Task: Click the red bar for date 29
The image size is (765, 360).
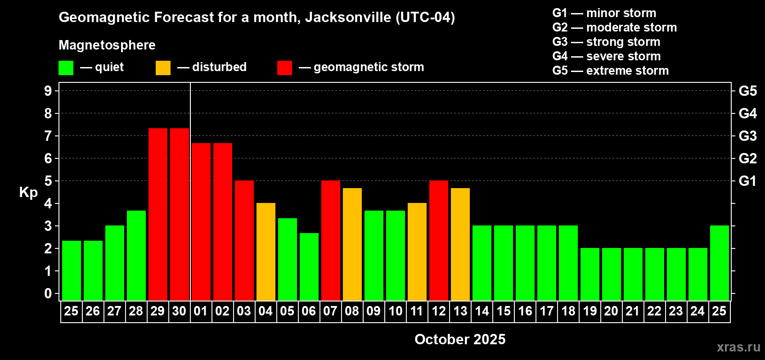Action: pos(158,214)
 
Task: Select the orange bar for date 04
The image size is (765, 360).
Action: pos(266,252)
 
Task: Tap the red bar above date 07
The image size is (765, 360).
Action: pos(331,240)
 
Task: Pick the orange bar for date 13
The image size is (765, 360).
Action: pos(460,244)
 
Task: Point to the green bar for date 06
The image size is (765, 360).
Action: pos(309,266)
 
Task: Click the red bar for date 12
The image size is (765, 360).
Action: pos(439,240)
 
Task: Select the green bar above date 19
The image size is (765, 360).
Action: pos(590,274)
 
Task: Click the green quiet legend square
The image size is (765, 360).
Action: pos(66,68)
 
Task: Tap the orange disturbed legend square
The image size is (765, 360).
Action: pos(163,68)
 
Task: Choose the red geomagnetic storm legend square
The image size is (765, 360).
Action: pos(284,68)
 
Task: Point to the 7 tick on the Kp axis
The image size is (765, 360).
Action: pos(48,136)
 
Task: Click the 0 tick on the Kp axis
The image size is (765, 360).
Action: pos(48,294)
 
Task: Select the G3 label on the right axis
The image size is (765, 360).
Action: pos(747,136)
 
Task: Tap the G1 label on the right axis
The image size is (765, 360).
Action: pos(747,181)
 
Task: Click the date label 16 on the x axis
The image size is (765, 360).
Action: pos(525,311)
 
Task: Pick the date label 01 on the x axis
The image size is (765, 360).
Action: pos(201,311)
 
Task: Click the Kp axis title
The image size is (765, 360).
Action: pos(28,193)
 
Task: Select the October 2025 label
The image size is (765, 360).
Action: pos(460,339)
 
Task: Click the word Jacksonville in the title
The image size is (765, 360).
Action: pos(348,18)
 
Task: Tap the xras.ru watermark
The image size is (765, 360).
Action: pos(738,347)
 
